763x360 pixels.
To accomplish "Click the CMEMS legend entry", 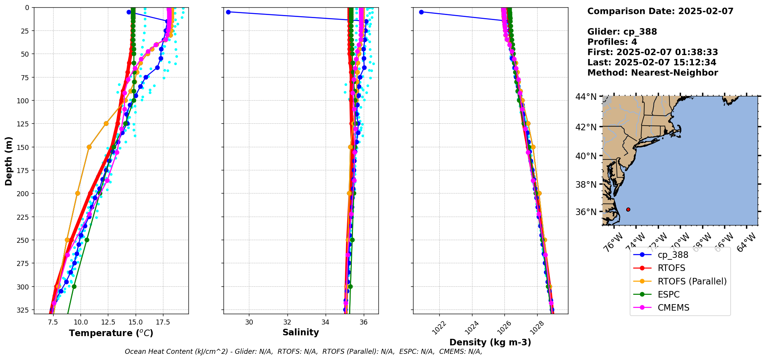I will [673, 308].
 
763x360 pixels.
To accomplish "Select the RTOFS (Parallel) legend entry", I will [692, 281].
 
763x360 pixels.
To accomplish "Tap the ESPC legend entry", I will [669, 294].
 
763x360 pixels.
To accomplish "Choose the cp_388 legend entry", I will [673, 255].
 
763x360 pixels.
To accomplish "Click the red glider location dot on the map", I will [628, 209].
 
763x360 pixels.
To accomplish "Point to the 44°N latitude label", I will [586, 97].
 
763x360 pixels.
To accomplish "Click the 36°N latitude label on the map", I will [586, 212].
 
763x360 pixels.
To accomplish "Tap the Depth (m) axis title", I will [9, 161].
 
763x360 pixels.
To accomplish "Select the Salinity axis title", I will [301, 333].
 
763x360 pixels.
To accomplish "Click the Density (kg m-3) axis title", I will [490, 342].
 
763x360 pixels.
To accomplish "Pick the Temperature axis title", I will [111, 333].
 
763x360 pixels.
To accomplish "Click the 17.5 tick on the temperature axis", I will [163, 322].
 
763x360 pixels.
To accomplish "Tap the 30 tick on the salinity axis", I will [249, 322].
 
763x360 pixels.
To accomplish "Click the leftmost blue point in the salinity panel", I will [228, 12].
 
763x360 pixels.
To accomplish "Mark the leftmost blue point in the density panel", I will [421, 12].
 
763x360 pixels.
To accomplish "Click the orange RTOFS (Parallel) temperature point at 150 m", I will [89, 147].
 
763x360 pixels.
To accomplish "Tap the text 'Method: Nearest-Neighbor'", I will [652, 73].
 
